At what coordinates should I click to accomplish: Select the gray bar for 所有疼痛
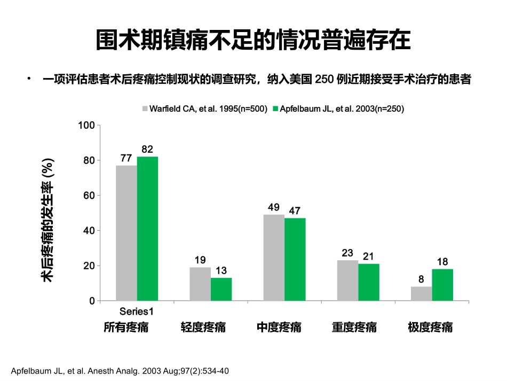point(126,233)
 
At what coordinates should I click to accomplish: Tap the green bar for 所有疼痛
point(147,229)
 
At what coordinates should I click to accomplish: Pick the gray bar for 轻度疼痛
point(200,284)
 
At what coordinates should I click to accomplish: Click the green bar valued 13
point(221,290)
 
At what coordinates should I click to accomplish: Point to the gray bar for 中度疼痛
point(274,258)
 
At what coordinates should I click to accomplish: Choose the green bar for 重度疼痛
point(368,282)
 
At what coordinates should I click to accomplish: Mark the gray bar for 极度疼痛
point(421,294)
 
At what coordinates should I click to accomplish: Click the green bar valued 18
point(442,285)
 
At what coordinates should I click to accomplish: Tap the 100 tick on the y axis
point(86,125)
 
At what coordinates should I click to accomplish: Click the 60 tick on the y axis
point(89,196)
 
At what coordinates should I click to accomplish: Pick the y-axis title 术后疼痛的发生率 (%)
point(47,220)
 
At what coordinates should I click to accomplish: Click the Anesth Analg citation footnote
point(120,370)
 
